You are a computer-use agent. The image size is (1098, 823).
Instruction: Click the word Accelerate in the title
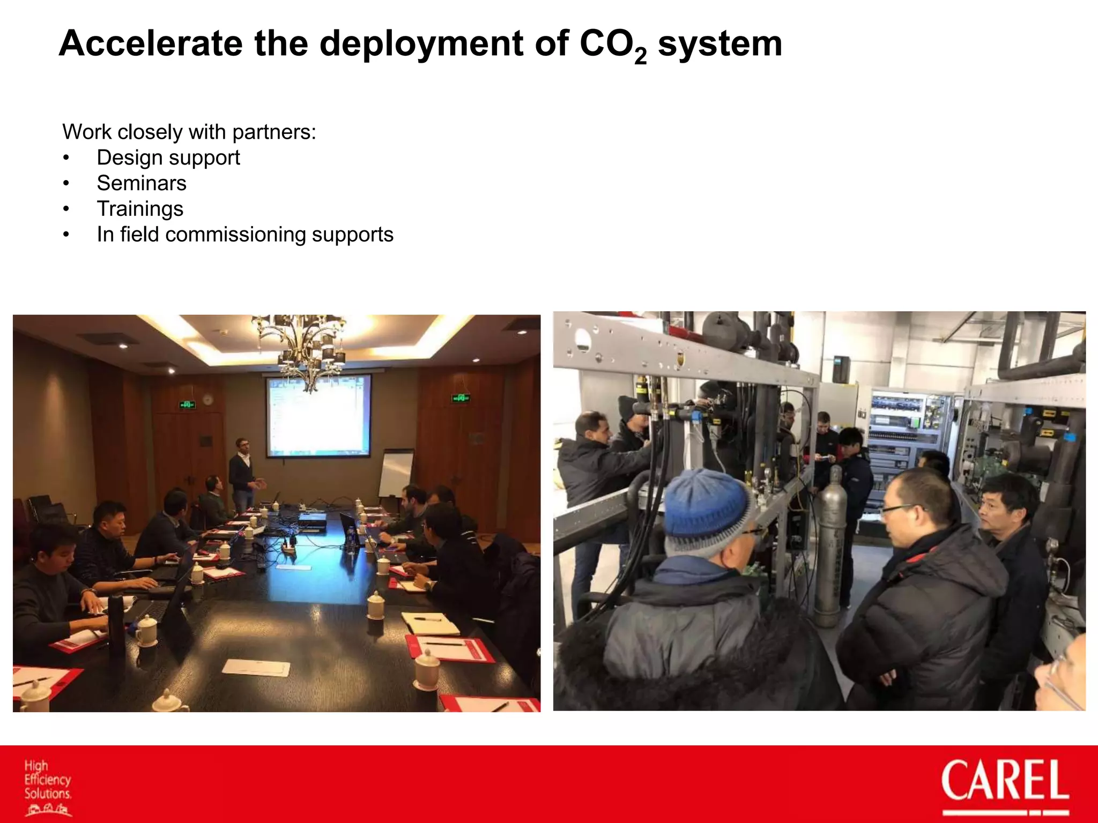(x=151, y=43)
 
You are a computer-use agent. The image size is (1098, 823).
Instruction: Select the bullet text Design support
(x=168, y=158)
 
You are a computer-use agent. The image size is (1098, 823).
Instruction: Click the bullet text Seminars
(x=142, y=183)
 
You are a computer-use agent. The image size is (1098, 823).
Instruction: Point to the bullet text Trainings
(x=140, y=209)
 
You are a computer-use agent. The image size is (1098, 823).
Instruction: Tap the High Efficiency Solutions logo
(x=47, y=785)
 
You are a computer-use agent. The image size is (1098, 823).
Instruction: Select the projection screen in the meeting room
(x=318, y=415)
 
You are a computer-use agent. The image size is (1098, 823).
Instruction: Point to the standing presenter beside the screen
(x=242, y=474)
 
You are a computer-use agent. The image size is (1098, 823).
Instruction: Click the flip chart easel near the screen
(x=396, y=474)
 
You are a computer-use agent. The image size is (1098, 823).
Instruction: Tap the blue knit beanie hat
(x=708, y=506)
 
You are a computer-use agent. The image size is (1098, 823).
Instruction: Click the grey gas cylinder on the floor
(x=830, y=547)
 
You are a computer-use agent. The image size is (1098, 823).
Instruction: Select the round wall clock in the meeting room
(x=208, y=399)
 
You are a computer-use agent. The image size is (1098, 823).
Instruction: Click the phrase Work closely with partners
(x=189, y=132)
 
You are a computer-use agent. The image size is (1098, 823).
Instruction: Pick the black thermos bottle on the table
(x=116, y=624)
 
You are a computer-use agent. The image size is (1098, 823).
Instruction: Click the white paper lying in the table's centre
(x=256, y=668)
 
